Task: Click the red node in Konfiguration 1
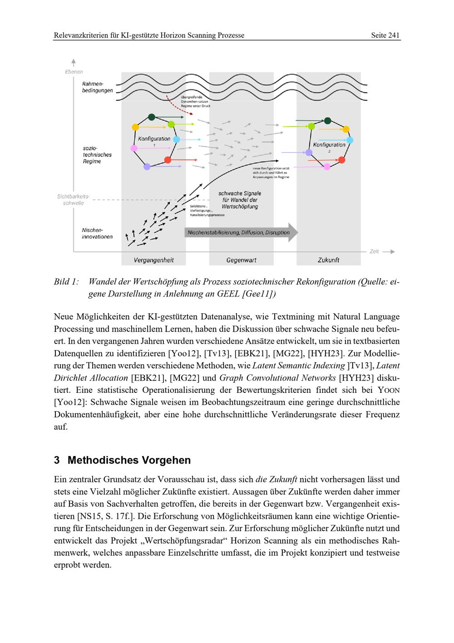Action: coord(168,160)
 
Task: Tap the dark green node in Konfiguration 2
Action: coord(327,121)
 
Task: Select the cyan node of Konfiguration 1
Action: coord(177,139)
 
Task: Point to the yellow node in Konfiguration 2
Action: coord(346,129)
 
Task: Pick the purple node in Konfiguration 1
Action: coord(147,167)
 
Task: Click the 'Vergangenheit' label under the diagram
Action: coord(153,260)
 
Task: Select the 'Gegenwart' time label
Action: coord(241,260)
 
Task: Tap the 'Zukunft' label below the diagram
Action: coord(328,260)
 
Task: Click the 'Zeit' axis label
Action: coord(374,251)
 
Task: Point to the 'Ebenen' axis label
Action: coord(74,72)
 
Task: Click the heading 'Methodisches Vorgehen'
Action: coord(129,460)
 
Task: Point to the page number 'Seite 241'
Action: coord(385,35)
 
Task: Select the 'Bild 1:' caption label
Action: coord(66,282)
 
